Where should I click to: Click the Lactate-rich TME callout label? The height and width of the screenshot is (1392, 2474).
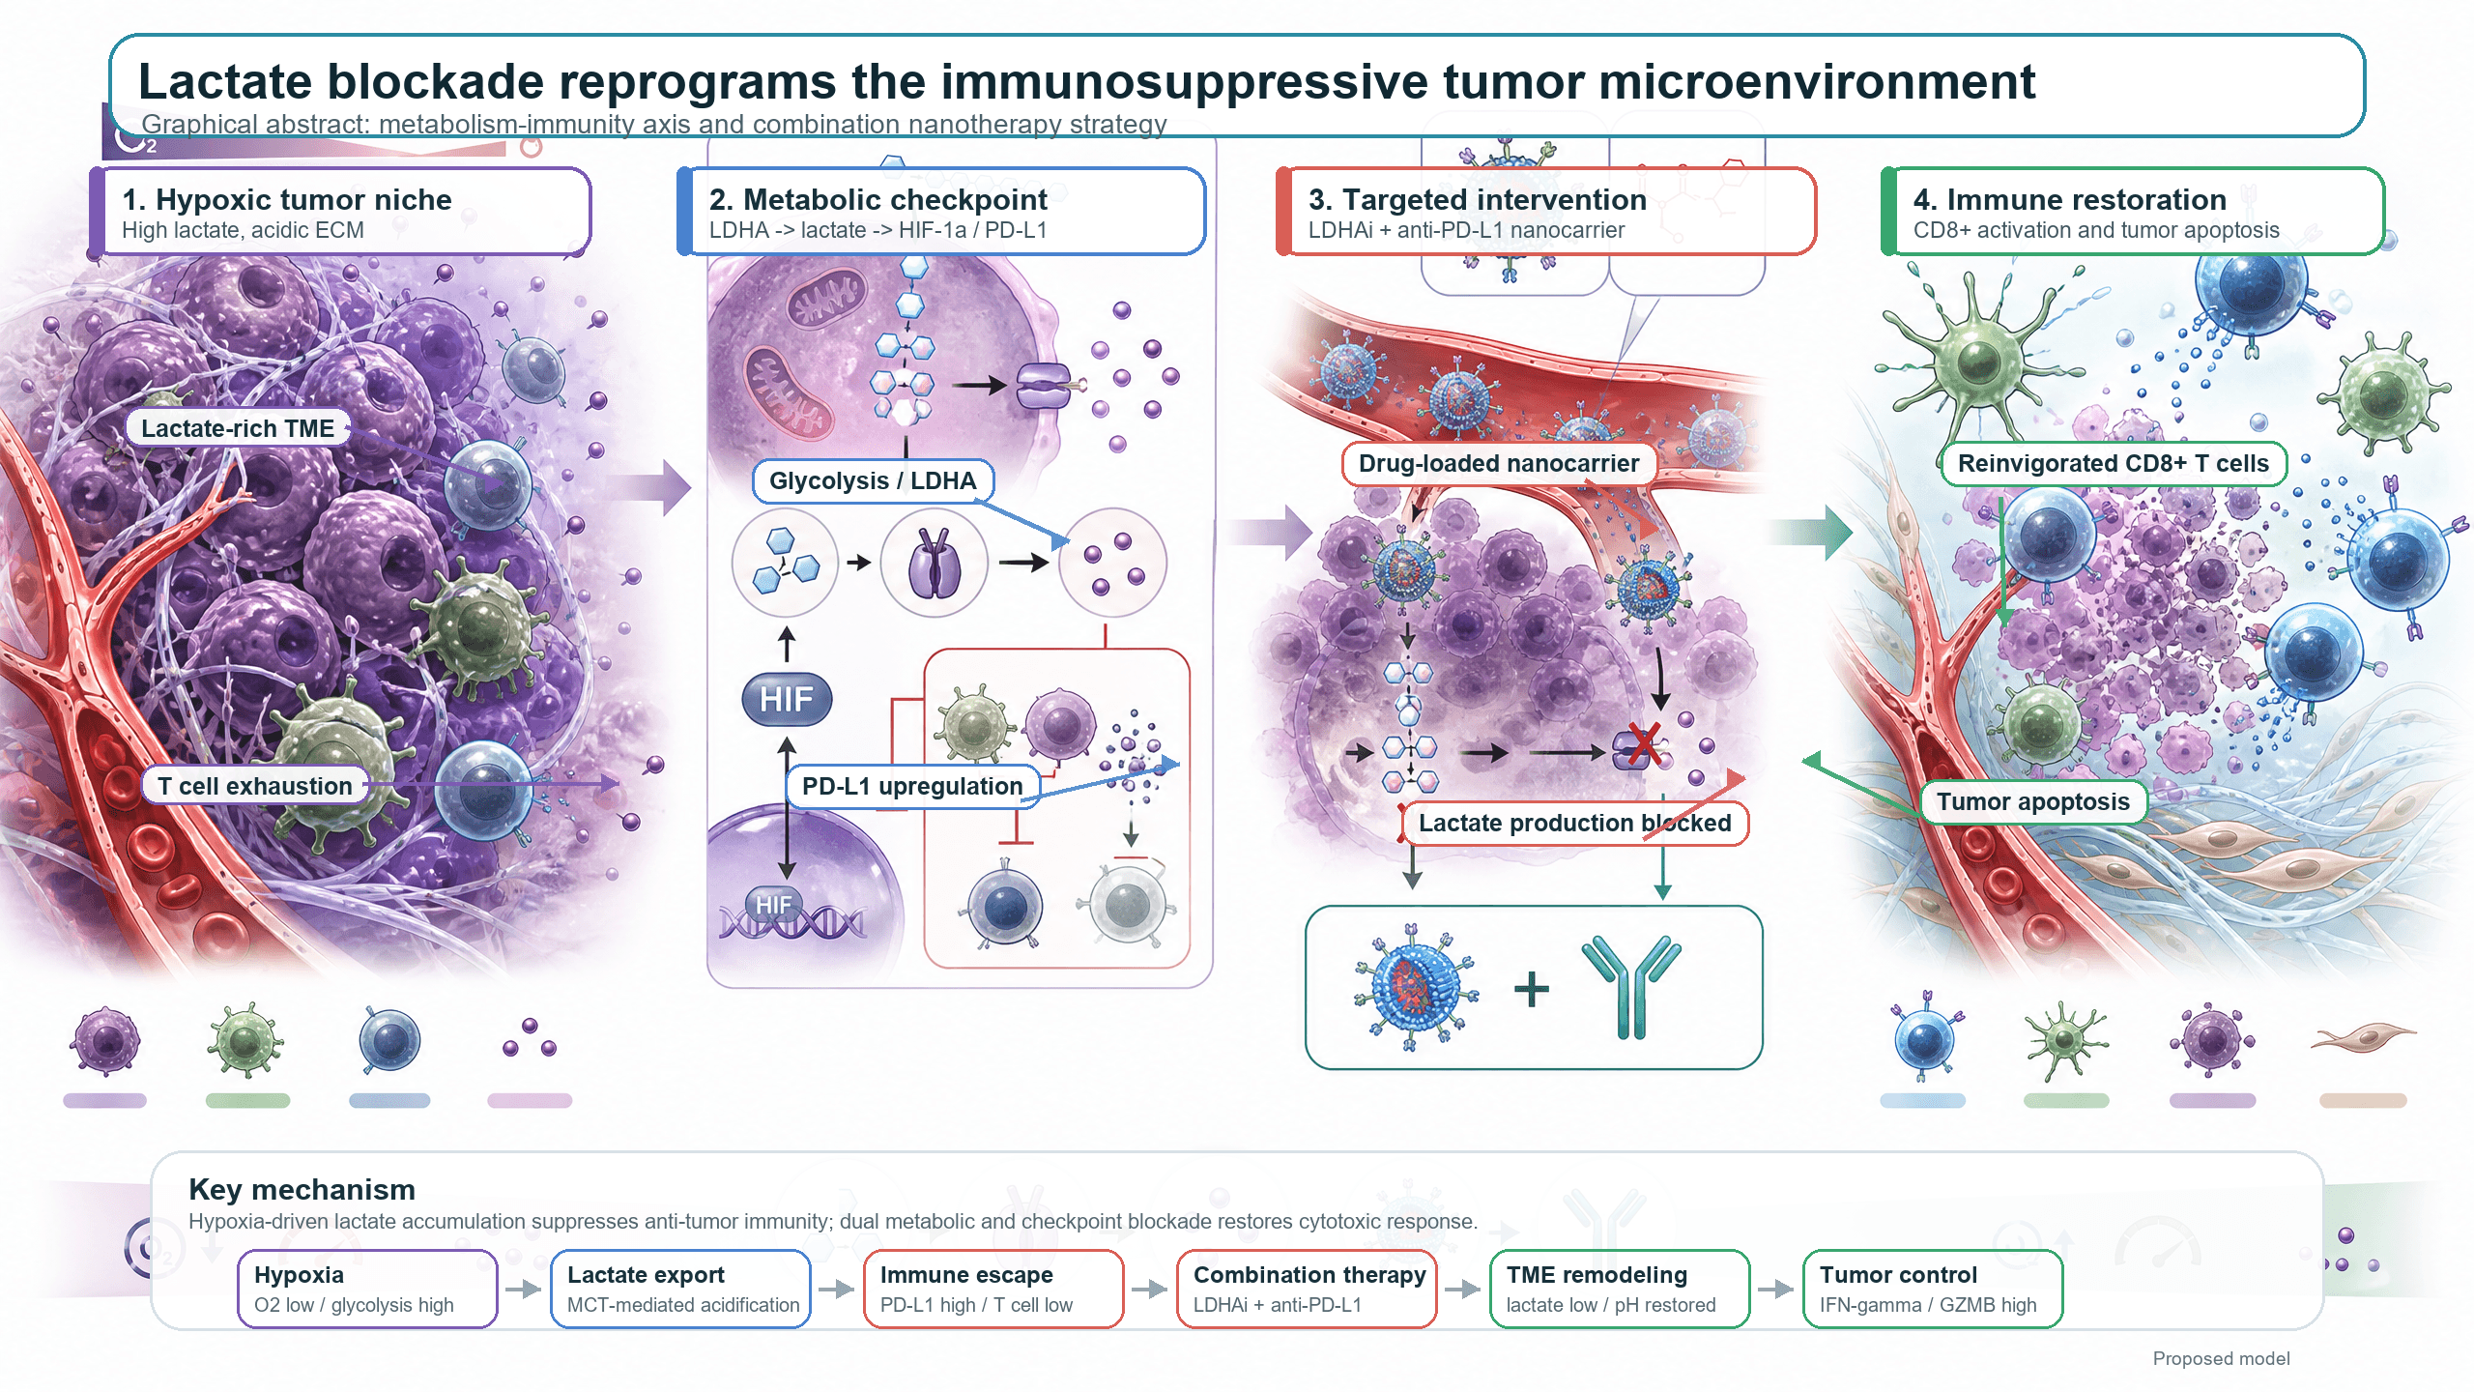click(x=238, y=428)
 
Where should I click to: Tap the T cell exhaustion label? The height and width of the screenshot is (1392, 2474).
click(x=255, y=786)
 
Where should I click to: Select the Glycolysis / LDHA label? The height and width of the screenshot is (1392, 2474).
click(x=873, y=480)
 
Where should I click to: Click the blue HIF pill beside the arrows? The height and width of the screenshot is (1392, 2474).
click(x=787, y=699)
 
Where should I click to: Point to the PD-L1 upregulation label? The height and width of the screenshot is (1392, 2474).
click(x=912, y=786)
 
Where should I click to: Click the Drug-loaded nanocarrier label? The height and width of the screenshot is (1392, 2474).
click(x=1499, y=463)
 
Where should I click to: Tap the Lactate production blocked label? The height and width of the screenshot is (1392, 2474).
click(x=1574, y=823)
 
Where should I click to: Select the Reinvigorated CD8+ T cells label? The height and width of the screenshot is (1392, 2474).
click(x=2113, y=463)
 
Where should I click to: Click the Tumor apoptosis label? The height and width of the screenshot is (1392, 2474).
click(x=2033, y=801)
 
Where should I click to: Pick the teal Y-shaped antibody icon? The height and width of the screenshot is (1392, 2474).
click(x=1632, y=986)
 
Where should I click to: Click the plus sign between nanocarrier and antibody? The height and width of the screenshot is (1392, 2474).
click(x=1532, y=989)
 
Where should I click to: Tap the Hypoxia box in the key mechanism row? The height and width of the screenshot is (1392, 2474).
click(x=367, y=1289)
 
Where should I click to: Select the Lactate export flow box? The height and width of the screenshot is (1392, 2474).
click(x=680, y=1289)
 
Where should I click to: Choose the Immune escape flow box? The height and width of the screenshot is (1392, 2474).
click(x=993, y=1289)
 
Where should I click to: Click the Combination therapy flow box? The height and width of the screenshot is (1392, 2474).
click(x=1307, y=1289)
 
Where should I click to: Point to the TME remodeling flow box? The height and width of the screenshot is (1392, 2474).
click(x=1620, y=1289)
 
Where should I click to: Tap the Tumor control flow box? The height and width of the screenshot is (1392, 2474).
click(x=1933, y=1289)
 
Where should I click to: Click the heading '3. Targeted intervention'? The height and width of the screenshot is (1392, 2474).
click(x=1478, y=199)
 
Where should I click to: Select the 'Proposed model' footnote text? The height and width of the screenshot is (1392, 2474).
click(x=2221, y=1358)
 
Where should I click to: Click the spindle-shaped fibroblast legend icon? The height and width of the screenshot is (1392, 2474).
click(x=2364, y=1039)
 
